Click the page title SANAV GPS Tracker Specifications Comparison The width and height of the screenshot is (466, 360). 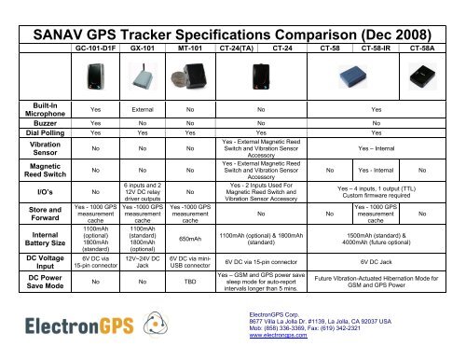tap(232, 15)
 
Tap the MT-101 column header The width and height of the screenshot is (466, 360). tap(192, 44)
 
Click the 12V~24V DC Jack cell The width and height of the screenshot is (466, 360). tap(143, 262)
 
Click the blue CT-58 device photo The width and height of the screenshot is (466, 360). tap(329, 76)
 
